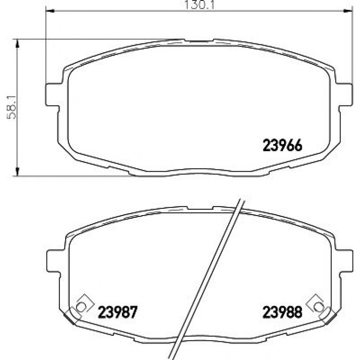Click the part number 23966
click(282, 145)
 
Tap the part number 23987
click(118, 312)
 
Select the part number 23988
click(282, 312)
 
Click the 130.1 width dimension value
click(199, 4)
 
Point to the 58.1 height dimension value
click(12, 108)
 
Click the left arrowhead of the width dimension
click(50, 11)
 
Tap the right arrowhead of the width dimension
click(347, 11)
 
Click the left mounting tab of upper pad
click(52, 95)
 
